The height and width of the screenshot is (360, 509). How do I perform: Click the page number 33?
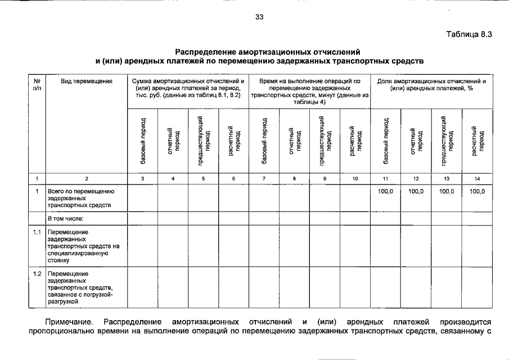259,17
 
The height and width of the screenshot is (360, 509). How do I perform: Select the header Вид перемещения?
87,82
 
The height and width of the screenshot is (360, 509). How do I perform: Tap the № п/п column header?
37,85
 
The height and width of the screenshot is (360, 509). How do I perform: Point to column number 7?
264,178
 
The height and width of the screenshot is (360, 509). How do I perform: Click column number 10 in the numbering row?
355,178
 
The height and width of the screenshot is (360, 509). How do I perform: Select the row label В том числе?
66,218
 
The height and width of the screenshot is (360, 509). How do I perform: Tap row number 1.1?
37,232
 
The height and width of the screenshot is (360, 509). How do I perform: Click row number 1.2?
37,273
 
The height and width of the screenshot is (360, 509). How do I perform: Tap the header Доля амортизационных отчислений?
431,85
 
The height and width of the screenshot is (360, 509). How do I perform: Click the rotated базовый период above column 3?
143,141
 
